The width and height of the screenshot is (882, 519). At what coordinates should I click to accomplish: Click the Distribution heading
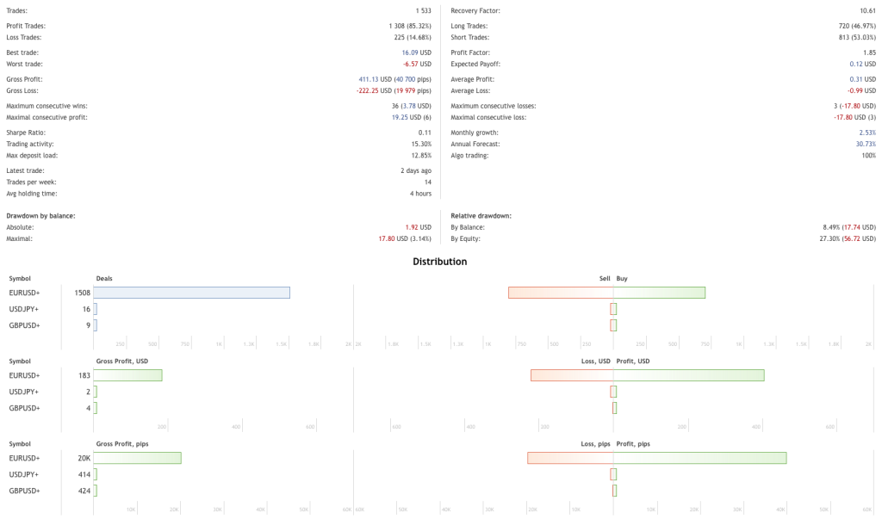(x=439, y=262)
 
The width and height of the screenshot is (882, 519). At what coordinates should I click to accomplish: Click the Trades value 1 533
(x=419, y=10)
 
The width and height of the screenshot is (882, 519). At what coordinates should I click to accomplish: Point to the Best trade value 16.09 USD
(x=416, y=53)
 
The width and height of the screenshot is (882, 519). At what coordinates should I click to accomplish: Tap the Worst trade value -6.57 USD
(x=417, y=64)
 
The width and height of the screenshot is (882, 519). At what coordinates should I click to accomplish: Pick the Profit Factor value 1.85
(x=868, y=53)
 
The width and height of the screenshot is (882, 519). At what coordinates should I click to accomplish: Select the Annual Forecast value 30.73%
(x=865, y=144)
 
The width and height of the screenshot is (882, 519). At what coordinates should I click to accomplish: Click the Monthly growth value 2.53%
(x=866, y=133)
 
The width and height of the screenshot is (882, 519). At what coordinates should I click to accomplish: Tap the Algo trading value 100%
(x=868, y=155)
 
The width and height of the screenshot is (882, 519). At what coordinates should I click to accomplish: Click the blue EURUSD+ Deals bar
(x=191, y=293)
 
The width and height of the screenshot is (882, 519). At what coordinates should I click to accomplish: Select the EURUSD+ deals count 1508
(x=82, y=293)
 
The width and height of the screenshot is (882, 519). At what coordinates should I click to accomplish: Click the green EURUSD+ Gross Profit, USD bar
(x=127, y=375)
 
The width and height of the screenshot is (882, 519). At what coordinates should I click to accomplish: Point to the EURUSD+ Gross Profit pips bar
(x=137, y=458)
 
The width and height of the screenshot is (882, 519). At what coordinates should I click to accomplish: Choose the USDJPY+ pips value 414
(x=84, y=474)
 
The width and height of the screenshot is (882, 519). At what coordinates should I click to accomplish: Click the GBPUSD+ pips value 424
(x=84, y=491)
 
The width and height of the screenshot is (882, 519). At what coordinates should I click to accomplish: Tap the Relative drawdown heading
(x=481, y=215)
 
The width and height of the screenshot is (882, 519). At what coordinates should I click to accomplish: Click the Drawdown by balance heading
(x=40, y=215)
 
